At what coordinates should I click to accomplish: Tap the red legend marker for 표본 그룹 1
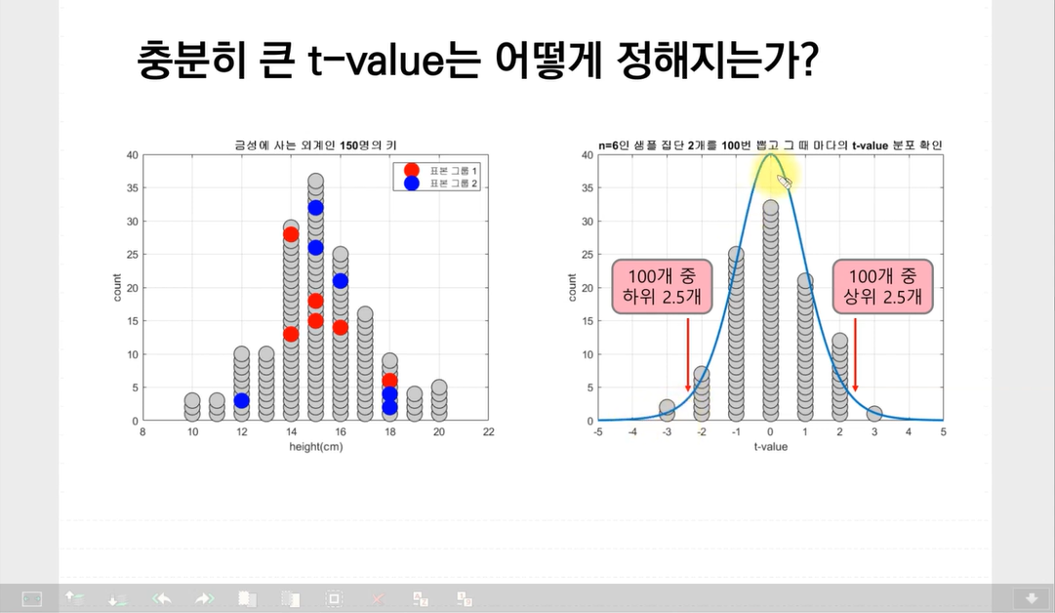[x=411, y=170]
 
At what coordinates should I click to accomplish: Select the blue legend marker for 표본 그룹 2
[x=411, y=184]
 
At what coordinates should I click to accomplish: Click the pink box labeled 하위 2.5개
[x=662, y=287]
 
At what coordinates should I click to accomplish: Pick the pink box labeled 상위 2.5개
[x=883, y=287]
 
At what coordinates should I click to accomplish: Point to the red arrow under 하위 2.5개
[x=688, y=354]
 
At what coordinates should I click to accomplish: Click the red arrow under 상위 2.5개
[x=855, y=354]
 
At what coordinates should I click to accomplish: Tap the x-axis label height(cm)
[x=316, y=447]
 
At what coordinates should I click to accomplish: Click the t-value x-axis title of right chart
[x=770, y=447]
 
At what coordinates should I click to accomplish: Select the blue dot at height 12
[x=241, y=400]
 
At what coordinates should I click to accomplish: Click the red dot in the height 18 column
[x=389, y=381]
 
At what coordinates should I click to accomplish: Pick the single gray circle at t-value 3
[x=874, y=413]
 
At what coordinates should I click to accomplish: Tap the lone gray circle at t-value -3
[x=667, y=407]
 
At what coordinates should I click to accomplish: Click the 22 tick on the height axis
[x=489, y=432]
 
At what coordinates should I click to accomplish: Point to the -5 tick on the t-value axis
[x=598, y=432]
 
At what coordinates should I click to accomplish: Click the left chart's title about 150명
[x=315, y=144]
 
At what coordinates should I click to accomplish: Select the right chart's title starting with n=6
[x=770, y=144]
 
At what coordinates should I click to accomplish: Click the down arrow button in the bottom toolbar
[x=1032, y=598]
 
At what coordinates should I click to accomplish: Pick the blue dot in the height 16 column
[x=341, y=280]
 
